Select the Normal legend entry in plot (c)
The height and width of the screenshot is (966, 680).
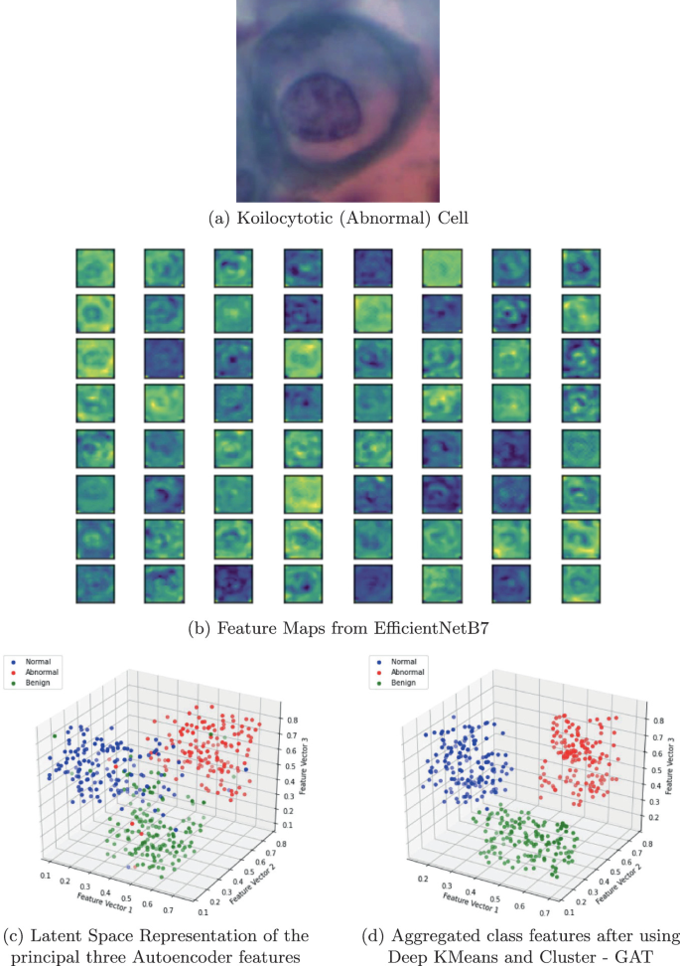coord(36,660)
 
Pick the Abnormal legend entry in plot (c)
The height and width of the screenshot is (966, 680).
coord(40,673)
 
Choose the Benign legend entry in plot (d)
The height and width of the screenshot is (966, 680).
coord(402,686)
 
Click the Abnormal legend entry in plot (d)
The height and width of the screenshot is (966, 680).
coord(405,673)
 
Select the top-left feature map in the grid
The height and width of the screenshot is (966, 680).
coord(96,267)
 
